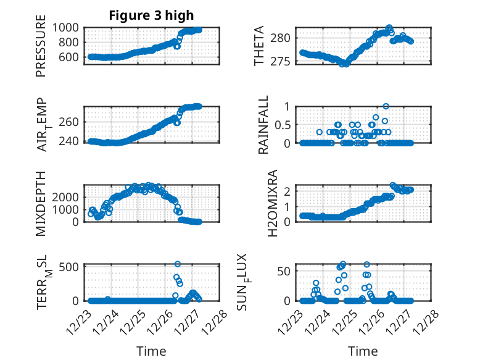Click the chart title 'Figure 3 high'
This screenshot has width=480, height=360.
coord(151,15)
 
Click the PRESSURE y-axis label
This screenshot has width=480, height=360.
coord(41,49)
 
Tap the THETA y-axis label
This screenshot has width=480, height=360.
coord(260,46)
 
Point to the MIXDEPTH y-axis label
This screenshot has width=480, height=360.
coord(41,204)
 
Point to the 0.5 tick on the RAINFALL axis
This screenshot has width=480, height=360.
coord(283,125)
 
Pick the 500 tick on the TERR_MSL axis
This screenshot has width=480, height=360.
coord(69,267)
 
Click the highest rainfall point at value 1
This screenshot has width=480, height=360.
coord(386,106)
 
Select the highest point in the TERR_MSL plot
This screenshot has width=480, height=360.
coord(178,264)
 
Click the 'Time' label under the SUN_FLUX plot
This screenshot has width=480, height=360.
coord(363,351)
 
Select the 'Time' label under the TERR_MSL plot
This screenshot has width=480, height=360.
coord(151,351)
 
